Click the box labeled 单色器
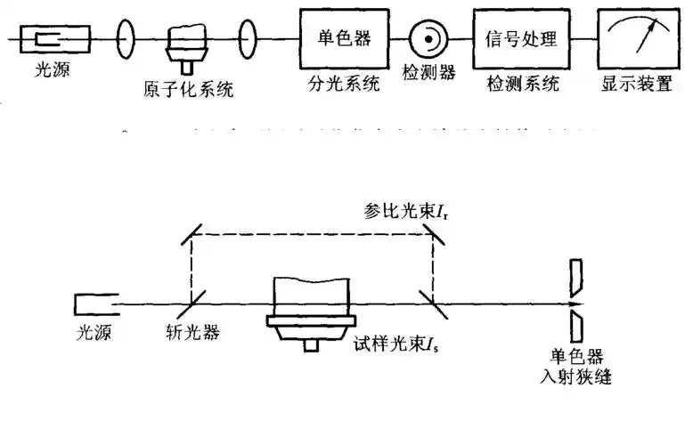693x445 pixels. click(343, 39)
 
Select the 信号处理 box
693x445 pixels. click(521, 39)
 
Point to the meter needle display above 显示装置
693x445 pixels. click(636, 39)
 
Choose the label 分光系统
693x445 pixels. click(343, 85)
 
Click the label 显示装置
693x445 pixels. click(636, 85)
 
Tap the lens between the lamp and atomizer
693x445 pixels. click(126, 40)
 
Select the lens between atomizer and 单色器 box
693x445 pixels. click(250, 40)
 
